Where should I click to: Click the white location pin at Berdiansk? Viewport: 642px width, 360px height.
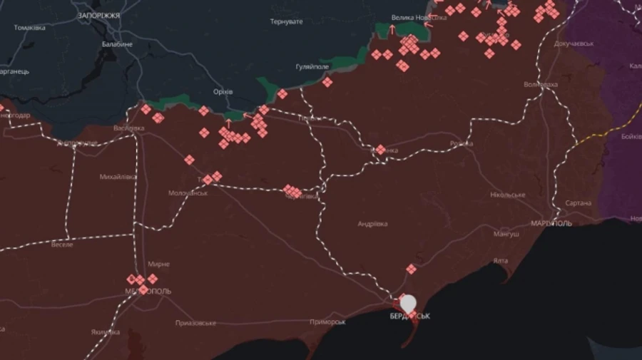pyautogui.click(x=408, y=304)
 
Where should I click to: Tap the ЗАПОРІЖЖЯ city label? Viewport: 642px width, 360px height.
pyautogui.click(x=99, y=15)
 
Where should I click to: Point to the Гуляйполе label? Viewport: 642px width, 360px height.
pyautogui.click(x=312, y=66)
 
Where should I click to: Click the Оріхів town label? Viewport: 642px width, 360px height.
pyautogui.click(x=223, y=92)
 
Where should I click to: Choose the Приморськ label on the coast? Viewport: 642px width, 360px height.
pyautogui.click(x=327, y=322)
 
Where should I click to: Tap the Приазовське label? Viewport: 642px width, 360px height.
pyautogui.click(x=195, y=323)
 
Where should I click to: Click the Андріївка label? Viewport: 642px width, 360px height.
pyautogui.click(x=372, y=224)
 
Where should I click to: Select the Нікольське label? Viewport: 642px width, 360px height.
pyautogui.click(x=508, y=195)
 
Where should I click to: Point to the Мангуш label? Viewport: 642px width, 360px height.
pyautogui.click(x=506, y=234)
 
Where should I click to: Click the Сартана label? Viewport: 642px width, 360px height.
pyautogui.click(x=578, y=203)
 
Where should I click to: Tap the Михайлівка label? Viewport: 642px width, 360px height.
pyautogui.click(x=118, y=176)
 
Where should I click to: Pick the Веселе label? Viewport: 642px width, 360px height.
pyautogui.click(x=63, y=244)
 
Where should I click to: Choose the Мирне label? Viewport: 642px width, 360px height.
pyautogui.click(x=158, y=264)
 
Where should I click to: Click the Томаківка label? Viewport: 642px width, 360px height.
pyautogui.click(x=29, y=28)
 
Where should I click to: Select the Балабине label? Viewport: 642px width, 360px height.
pyautogui.click(x=117, y=44)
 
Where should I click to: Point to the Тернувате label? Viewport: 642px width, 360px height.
pyautogui.click(x=287, y=22)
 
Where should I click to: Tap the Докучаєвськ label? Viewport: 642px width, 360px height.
pyautogui.click(x=574, y=43)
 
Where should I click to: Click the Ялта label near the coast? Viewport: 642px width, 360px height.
pyautogui.click(x=500, y=261)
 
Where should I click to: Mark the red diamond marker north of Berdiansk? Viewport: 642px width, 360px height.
pyautogui.click(x=411, y=269)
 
